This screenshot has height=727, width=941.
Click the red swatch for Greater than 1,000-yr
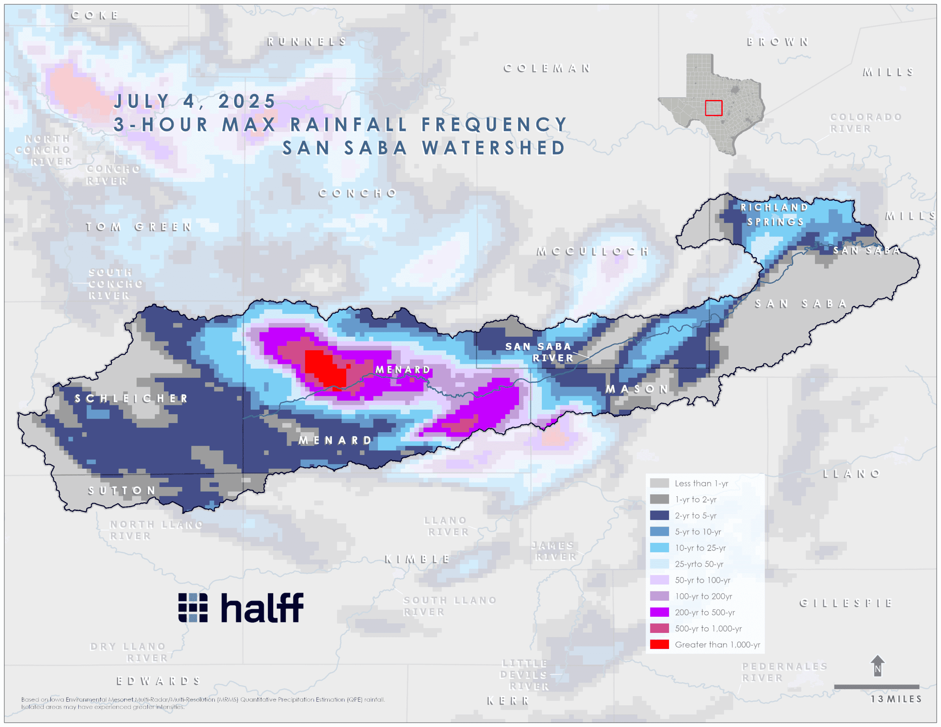pos(659,644)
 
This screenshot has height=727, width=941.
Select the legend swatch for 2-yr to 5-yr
pos(659,515)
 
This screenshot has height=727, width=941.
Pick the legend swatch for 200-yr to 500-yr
pos(659,612)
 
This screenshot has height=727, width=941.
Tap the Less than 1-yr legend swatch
pos(659,483)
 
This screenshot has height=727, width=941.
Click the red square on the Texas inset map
pos(713,108)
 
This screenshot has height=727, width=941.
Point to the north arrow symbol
pos(878,666)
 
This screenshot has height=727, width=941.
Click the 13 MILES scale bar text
pos(896,699)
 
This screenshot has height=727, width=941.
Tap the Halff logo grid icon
pos(193,607)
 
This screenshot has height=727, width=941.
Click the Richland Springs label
pos(774,214)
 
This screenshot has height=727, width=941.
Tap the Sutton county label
pos(122,490)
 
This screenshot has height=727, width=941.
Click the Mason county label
pos(637,389)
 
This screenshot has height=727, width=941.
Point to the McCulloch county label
pos(593,251)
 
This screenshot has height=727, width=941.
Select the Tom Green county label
pos(139,227)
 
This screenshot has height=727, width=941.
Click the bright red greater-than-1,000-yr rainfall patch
pos(323,368)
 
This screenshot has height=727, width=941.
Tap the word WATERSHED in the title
pos(493,148)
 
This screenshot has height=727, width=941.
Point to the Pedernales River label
pos(784,672)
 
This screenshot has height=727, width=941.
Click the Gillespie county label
pos(846,603)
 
